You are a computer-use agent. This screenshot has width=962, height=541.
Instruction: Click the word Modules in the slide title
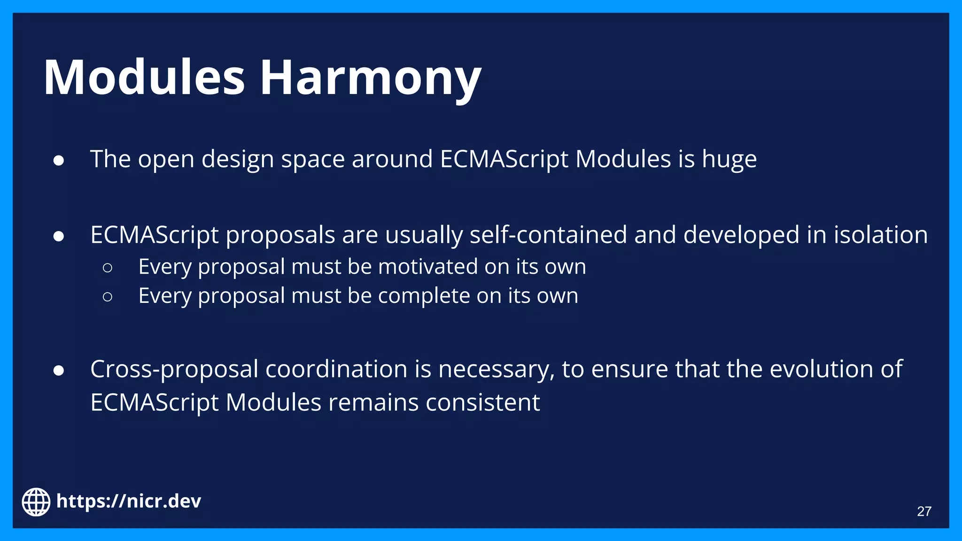pyautogui.click(x=144, y=77)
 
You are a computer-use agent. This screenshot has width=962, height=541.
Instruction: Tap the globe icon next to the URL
pyautogui.click(x=36, y=502)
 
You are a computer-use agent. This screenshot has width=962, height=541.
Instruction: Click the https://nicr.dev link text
pyautogui.click(x=128, y=501)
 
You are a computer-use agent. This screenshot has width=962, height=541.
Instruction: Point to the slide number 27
pyautogui.click(x=924, y=511)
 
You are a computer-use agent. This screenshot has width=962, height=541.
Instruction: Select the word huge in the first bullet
pyautogui.click(x=729, y=159)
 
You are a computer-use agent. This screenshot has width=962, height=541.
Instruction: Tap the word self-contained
pyautogui.click(x=548, y=235)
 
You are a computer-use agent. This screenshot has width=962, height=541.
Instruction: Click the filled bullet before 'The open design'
pyautogui.click(x=59, y=161)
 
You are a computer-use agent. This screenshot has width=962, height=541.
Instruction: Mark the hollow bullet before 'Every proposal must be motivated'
pyautogui.click(x=107, y=268)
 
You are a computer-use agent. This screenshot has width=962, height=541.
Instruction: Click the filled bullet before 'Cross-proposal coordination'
pyautogui.click(x=59, y=371)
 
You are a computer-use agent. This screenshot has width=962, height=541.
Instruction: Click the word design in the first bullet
pyautogui.click(x=237, y=160)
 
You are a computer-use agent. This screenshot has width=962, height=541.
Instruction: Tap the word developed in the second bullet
pyautogui.click(x=741, y=235)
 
